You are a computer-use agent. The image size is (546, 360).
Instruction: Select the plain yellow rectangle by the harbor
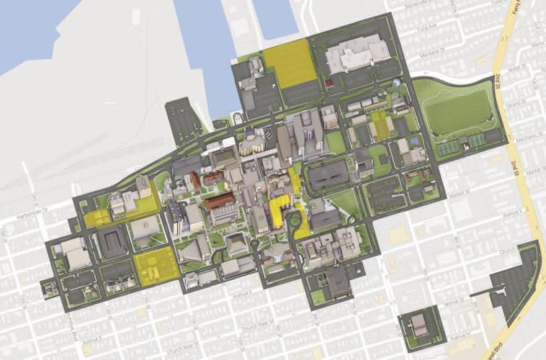[288, 63]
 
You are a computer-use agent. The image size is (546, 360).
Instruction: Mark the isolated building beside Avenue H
[420, 325]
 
